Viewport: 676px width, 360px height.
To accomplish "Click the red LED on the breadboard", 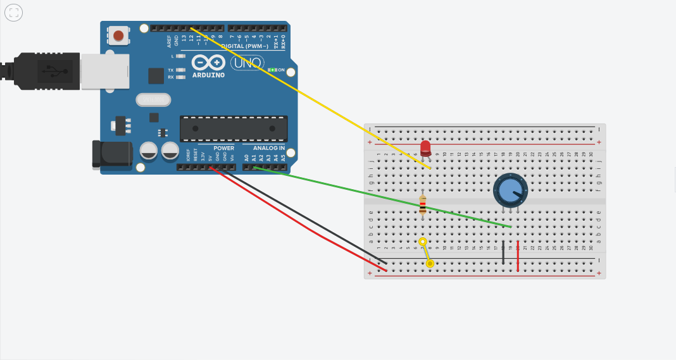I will pyautogui.click(x=425, y=147).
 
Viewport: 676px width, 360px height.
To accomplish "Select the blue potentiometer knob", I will pyautogui.click(x=510, y=189).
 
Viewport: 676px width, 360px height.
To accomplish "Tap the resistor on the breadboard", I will pyautogui.click(x=423, y=205).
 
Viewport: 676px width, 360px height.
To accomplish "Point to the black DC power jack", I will pyautogui.click(x=111, y=154).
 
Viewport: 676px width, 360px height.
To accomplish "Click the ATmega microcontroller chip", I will pyautogui.click(x=234, y=128).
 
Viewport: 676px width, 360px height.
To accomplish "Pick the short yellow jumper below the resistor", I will pyautogui.click(x=427, y=252).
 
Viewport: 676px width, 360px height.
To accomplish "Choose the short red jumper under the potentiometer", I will pyautogui.click(x=518, y=256).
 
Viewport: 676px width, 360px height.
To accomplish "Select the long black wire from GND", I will pyautogui.click(x=304, y=216).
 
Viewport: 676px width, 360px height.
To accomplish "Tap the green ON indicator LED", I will pyautogui.click(x=272, y=70).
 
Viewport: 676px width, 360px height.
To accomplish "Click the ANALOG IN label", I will pyautogui.click(x=264, y=148).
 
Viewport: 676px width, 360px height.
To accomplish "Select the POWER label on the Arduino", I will pyautogui.click(x=223, y=148).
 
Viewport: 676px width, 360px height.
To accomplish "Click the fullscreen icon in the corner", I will pyautogui.click(x=13, y=12).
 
